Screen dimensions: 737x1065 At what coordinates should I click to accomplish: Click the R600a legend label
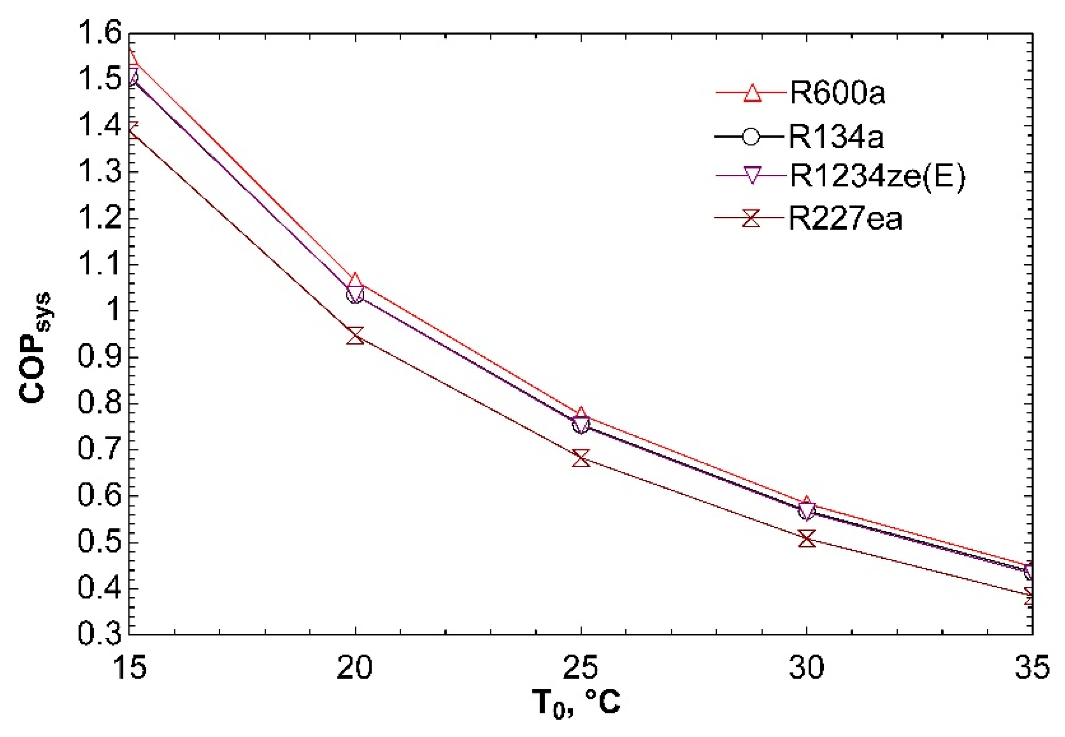(837, 93)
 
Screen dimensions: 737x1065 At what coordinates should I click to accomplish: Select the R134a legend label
(836, 137)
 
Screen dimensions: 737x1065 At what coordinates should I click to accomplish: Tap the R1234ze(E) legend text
(877, 176)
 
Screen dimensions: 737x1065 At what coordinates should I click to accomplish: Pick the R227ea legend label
(845, 218)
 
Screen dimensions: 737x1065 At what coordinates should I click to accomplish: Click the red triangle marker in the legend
(752, 93)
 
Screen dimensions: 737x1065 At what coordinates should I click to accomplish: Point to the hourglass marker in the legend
(751, 218)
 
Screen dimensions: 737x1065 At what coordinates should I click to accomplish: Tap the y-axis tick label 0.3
(100, 634)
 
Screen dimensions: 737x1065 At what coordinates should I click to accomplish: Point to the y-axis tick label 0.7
(100, 449)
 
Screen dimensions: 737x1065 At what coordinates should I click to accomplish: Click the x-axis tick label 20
(354, 667)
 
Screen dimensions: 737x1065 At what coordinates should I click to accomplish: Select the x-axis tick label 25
(580, 667)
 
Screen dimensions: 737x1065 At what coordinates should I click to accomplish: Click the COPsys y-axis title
(35, 348)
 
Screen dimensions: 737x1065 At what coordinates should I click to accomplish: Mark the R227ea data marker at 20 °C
(355, 336)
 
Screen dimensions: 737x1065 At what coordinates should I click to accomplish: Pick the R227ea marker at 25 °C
(581, 458)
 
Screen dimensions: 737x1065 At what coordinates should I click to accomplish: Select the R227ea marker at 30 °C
(807, 539)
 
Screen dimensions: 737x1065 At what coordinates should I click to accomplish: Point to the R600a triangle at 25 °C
(581, 414)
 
